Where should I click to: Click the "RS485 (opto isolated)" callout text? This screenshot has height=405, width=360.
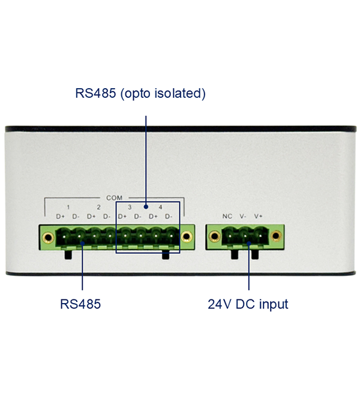(140, 94)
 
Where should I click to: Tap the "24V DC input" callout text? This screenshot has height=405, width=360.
(248, 304)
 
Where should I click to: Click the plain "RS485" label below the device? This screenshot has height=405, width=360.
(80, 304)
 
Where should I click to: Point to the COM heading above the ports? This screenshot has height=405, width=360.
(114, 198)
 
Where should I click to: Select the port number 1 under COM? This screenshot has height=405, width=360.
(68, 207)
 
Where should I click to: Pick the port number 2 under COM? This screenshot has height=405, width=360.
(98, 207)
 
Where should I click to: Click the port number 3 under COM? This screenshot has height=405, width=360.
(130, 207)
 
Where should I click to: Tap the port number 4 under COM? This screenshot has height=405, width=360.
(160, 207)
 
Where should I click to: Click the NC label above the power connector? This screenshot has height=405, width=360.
(227, 216)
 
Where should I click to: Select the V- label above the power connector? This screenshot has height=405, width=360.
(243, 216)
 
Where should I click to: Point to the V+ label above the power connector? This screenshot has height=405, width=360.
(258, 216)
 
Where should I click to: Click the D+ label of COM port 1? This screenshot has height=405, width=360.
(61, 217)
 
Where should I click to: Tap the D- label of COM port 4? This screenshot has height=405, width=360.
(169, 217)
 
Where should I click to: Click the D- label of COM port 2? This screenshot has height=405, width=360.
(107, 217)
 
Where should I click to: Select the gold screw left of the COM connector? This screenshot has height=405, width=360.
(48, 238)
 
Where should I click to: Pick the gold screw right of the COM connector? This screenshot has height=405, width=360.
(187, 236)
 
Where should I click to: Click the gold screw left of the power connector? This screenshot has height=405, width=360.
(214, 236)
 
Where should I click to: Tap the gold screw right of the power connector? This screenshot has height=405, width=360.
(276, 236)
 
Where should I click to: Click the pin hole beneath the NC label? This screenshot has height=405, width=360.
(230, 236)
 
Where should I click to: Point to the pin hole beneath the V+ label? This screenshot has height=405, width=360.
(260, 236)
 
